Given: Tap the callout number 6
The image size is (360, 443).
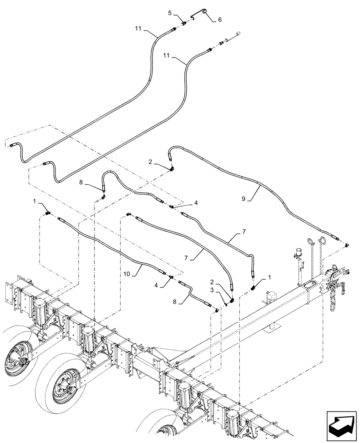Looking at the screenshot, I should [220, 20].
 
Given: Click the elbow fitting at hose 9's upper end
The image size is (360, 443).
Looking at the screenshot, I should [172, 169].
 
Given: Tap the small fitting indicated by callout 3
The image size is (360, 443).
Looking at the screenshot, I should [225, 304].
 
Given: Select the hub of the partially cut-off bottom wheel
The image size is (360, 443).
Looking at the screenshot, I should [167, 436].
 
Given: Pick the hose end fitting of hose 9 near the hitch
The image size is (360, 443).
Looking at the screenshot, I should [345, 243].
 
